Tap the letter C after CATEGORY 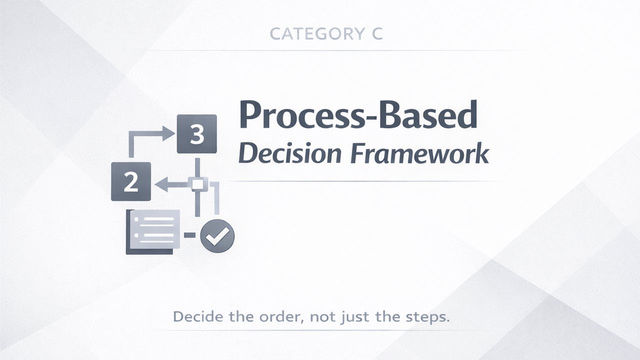pyautogui.click(x=376, y=34)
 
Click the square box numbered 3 pyautogui.click(x=196, y=134)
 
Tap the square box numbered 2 pyautogui.click(x=131, y=181)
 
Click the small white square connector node pyautogui.click(x=197, y=184)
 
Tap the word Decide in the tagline pyautogui.click(x=194, y=316)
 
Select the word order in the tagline pyautogui.click(x=278, y=316)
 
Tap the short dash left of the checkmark pyautogui.click(x=189, y=234)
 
